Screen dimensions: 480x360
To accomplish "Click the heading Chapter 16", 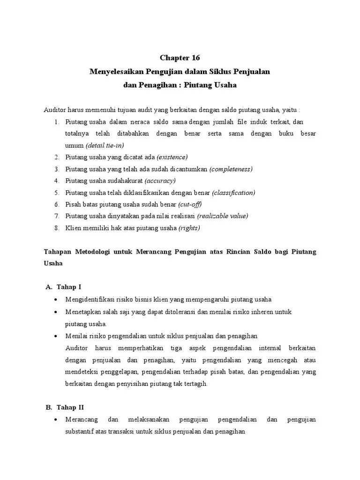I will (x=180, y=58).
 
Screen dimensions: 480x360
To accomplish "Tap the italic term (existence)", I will (x=172, y=157).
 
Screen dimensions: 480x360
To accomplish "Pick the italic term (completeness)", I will (x=231, y=169).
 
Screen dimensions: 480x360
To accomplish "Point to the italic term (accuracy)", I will (x=161, y=181).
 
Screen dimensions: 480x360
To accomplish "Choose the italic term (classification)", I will (x=233, y=193).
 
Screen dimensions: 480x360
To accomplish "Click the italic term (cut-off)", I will (x=190, y=204).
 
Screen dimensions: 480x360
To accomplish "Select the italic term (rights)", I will (x=189, y=228).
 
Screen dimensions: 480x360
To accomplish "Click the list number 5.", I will (x=56, y=193).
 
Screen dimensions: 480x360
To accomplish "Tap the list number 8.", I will (x=56, y=228).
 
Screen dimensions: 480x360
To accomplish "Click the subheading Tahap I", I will (x=69, y=287).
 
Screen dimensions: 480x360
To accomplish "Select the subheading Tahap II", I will (x=70, y=407).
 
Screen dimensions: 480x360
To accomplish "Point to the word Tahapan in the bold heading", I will (x=58, y=252).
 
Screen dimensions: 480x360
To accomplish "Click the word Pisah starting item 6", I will (x=73, y=204).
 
